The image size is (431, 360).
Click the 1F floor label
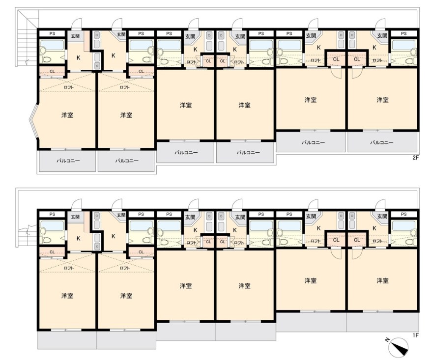click(x=415, y=335)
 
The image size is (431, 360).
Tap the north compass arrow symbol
click(x=399, y=347)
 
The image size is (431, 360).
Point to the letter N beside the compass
click(x=387, y=340)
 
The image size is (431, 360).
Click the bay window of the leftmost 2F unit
click(x=34, y=121)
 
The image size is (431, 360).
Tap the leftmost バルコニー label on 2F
click(x=68, y=161)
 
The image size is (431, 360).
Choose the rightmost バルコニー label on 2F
click(x=381, y=142)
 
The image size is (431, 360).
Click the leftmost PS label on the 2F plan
click(x=52, y=33)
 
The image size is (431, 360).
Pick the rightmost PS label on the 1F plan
click(x=403, y=214)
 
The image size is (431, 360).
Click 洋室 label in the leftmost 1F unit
click(x=67, y=296)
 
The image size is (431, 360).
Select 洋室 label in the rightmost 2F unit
click(x=382, y=100)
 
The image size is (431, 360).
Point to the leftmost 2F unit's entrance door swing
click(x=77, y=23)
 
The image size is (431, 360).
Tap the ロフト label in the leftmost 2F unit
click(x=68, y=87)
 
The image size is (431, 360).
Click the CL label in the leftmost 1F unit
click(x=52, y=252)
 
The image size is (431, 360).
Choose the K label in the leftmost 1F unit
click(x=78, y=238)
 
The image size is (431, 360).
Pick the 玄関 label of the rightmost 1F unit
click(x=382, y=217)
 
